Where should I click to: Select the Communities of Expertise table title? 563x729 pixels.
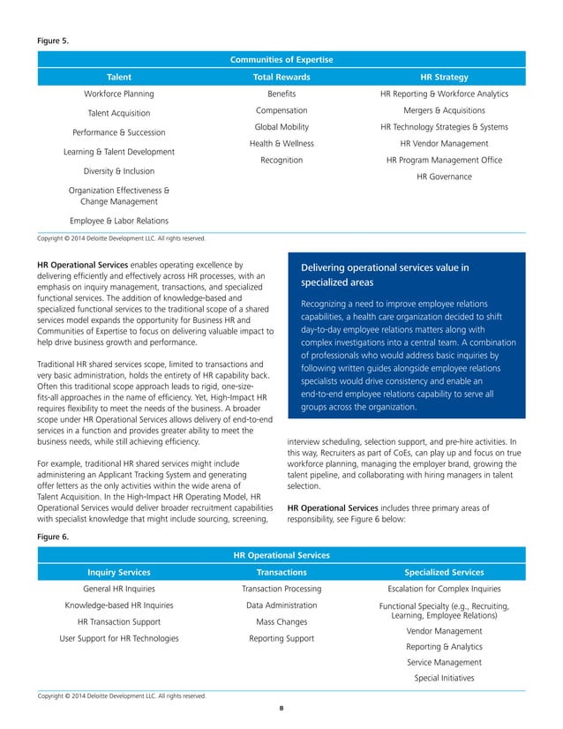tap(281, 60)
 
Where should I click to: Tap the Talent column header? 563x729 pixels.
tap(118, 77)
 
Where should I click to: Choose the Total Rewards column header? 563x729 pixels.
tap(281, 77)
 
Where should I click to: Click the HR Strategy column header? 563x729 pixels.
tap(444, 77)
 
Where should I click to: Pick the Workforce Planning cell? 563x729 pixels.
tap(118, 94)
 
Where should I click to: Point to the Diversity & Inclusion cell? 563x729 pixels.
tap(118, 171)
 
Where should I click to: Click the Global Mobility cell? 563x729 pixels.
tap(281, 127)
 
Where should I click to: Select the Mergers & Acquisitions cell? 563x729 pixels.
tap(444, 110)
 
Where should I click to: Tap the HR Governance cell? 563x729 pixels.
tap(444, 177)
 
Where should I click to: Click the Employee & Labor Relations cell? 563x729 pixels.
tap(118, 221)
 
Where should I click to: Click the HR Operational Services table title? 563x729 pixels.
tap(281, 555)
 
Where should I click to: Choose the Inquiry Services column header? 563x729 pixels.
tap(118, 572)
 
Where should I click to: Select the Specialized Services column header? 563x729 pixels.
tap(444, 572)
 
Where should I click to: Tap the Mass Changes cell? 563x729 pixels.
tap(281, 622)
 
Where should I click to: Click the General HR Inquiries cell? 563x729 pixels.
tap(118, 589)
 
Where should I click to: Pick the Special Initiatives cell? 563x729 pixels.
tap(444, 679)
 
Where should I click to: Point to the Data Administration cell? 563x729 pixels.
tap(281, 605)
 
